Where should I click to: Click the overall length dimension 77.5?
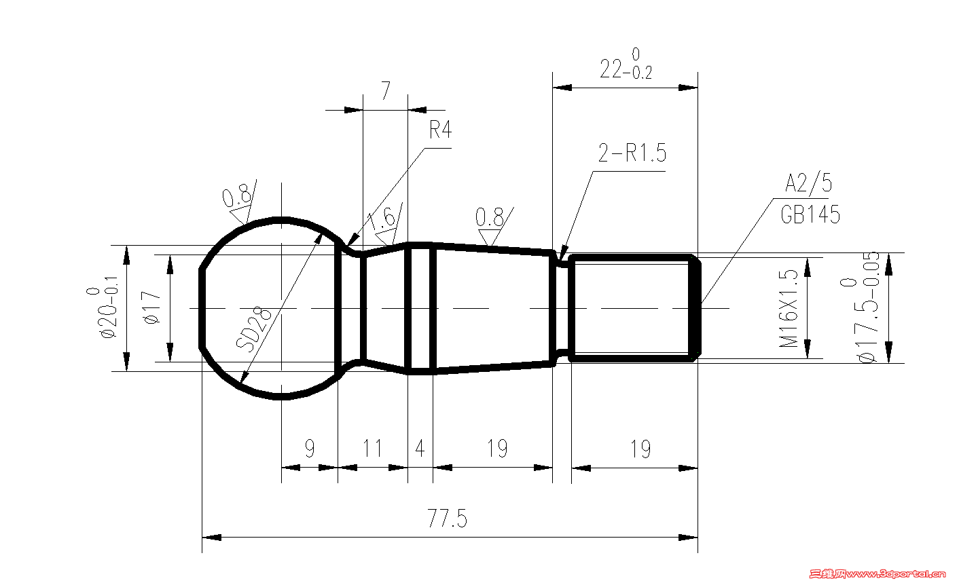pos(447,518)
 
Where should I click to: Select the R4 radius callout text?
pos(441,130)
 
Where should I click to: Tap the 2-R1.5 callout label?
pos(632,153)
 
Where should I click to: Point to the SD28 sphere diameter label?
pos(253,328)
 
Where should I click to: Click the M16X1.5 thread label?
pos(789,308)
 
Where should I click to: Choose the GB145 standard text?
pos(810,214)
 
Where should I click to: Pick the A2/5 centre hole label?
pos(808,183)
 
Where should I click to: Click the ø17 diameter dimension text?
pos(152,307)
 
